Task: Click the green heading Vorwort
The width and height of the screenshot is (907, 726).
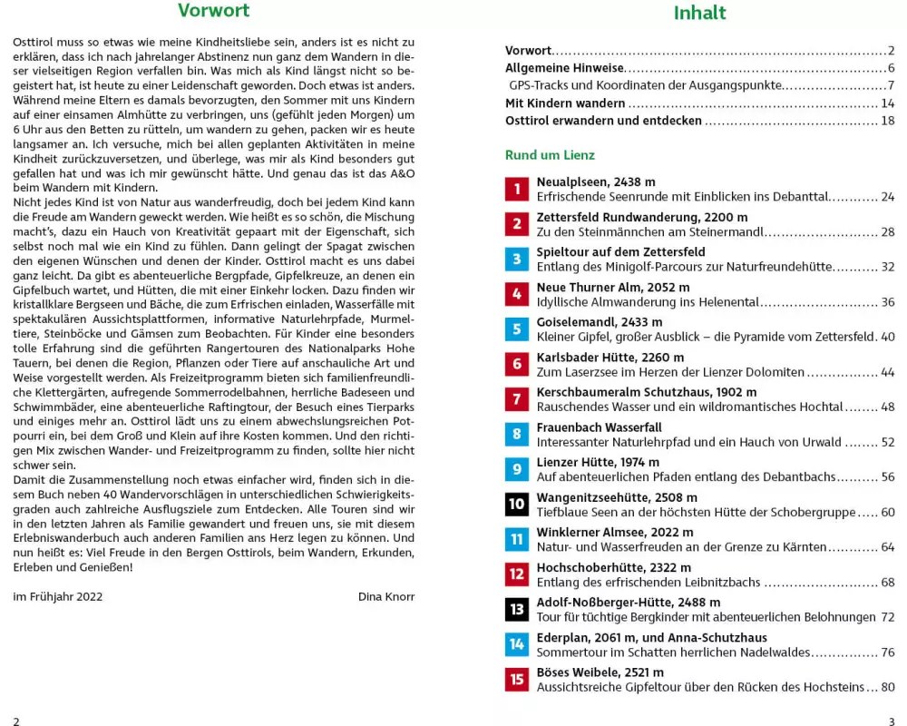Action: coord(213,12)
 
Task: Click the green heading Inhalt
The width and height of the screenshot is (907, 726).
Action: coord(699,14)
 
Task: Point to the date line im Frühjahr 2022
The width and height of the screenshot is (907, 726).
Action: coord(58,596)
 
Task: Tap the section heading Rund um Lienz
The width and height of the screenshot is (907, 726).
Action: coord(550,155)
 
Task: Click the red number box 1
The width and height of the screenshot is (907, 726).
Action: coord(517,189)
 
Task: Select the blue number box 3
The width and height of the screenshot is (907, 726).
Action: coord(517,259)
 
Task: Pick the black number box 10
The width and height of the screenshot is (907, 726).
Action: coord(517,504)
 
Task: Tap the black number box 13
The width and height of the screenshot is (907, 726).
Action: coord(517,609)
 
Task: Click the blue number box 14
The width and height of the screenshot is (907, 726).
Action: coord(517,644)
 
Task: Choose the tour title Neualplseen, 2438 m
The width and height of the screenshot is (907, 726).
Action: coord(596,181)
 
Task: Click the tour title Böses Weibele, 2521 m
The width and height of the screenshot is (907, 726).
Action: coord(600,672)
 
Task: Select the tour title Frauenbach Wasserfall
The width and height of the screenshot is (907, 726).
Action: coord(600,427)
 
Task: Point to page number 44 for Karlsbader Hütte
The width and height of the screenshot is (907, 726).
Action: coord(887,372)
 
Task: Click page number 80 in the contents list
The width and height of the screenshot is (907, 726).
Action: coord(887,687)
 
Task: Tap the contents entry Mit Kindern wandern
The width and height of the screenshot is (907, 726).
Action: coord(565,103)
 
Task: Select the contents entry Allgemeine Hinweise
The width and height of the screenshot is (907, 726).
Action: coord(564,68)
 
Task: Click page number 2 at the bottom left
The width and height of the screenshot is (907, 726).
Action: coord(16,721)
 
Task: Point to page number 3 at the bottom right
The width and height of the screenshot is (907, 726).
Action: coord(892,721)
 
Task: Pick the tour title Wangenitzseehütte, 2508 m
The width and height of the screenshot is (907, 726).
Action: coord(617,497)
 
